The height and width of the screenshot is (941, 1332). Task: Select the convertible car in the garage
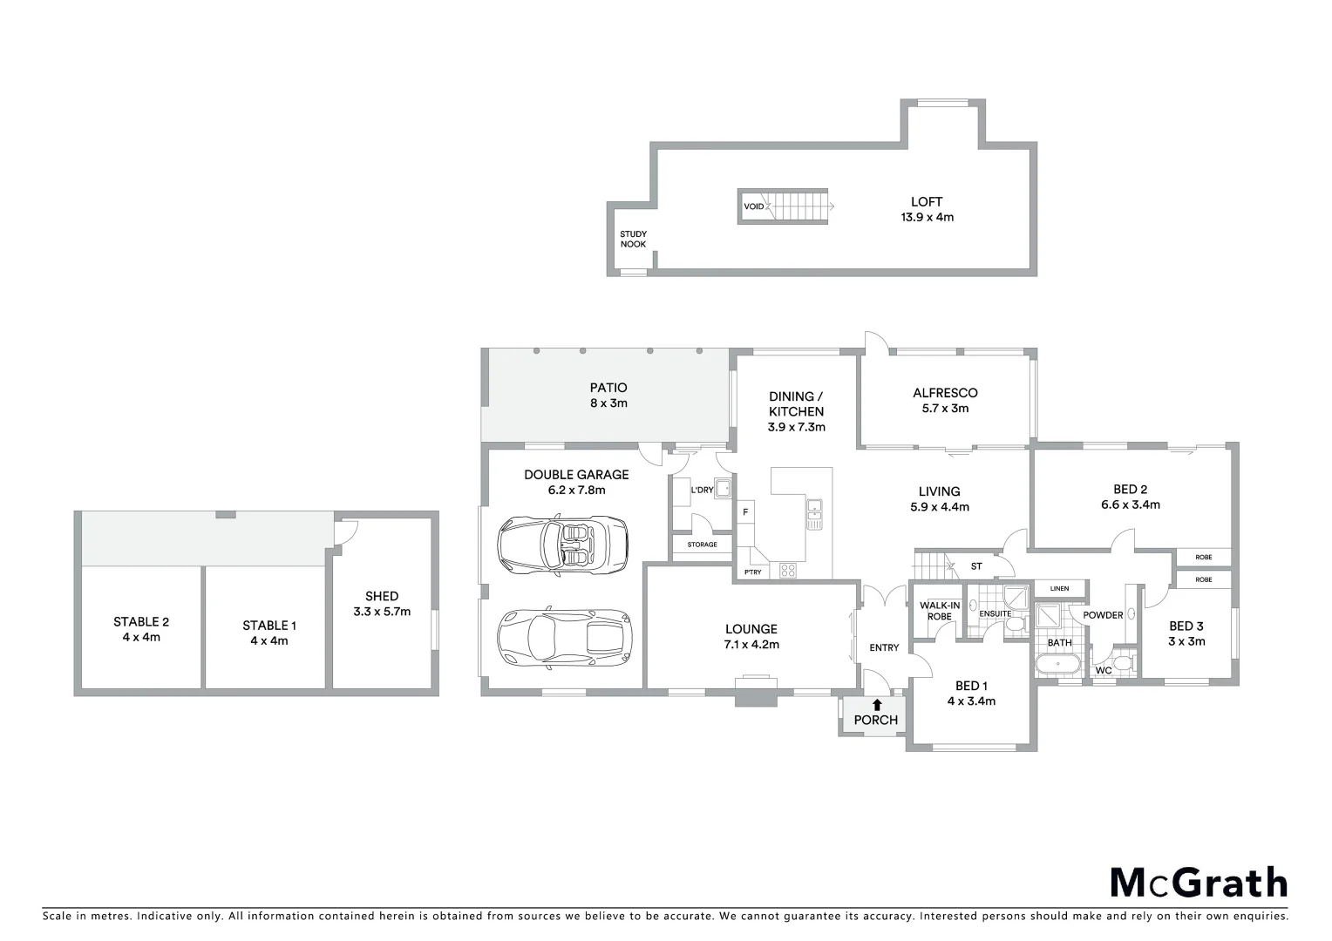tap(562, 545)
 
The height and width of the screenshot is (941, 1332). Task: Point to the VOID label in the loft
tap(753, 206)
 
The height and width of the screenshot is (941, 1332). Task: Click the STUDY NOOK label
tap(633, 239)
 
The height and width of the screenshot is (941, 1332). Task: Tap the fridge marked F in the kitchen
tap(745, 512)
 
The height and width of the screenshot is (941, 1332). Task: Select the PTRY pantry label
tap(751, 572)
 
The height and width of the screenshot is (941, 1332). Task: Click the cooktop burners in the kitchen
tap(787, 571)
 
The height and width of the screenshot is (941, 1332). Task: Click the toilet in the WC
tap(1125, 667)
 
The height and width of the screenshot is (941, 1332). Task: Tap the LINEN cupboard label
tap(1059, 588)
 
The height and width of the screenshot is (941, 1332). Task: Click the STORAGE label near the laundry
tap(702, 545)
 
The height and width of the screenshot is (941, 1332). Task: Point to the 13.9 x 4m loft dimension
tap(927, 217)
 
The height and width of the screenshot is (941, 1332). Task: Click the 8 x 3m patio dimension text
tap(608, 403)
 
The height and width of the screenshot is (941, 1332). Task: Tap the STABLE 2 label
tap(141, 621)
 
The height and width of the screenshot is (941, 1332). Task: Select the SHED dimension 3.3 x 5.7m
tap(382, 612)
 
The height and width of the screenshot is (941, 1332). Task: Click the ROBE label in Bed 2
tap(1203, 557)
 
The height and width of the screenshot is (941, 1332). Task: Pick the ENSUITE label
tap(995, 613)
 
